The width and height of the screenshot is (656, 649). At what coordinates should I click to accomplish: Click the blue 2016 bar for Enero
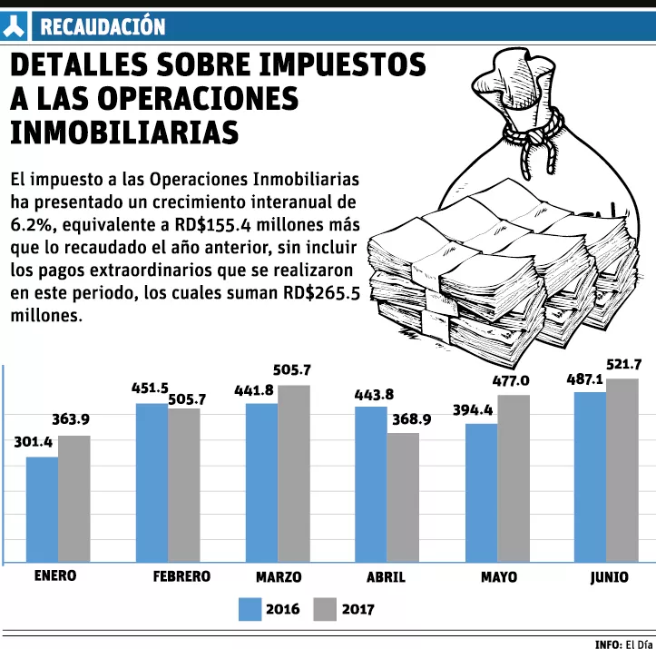point(42,509)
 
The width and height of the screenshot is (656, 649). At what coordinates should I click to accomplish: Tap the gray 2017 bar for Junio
point(622,471)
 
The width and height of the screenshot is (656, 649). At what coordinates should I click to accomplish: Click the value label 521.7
point(624,365)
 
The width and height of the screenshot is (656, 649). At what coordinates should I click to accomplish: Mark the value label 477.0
point(513,380)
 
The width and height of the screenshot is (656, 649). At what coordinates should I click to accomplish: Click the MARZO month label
point(279,577)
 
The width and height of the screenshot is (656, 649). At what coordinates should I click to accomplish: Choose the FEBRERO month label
point(181,576)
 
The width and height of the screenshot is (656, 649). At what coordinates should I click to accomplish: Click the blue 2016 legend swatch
point(249,609)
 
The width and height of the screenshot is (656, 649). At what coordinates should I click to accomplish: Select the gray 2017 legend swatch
point(324,609)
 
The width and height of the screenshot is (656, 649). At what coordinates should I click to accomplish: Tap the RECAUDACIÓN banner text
point(103,27)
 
